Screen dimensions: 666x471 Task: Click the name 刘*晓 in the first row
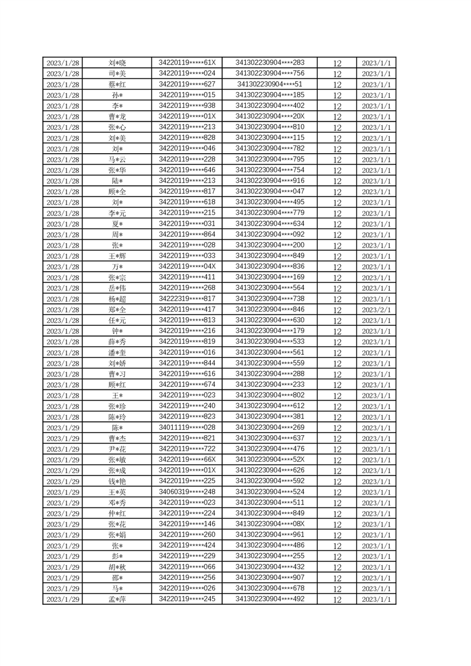117,63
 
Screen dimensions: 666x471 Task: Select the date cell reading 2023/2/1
376,310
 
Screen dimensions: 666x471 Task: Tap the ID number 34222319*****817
187,299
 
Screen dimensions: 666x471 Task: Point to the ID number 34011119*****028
187,427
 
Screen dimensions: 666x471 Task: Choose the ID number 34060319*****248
187,491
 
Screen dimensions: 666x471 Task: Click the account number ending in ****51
270,84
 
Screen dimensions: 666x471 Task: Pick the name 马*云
117,160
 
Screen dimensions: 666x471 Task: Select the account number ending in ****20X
270,116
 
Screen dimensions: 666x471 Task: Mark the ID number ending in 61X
187,63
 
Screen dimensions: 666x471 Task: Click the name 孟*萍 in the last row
117,600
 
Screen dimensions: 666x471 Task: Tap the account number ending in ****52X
270,459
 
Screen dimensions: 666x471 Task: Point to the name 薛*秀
117,342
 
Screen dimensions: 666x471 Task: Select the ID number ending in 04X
187,267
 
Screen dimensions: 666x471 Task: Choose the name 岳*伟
117,288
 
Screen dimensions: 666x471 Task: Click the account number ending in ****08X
270,524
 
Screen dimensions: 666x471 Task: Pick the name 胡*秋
117,567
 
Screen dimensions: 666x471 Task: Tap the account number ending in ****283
270,63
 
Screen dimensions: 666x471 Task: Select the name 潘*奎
117,353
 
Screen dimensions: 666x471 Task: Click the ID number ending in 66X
187,459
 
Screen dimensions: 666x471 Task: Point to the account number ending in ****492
270,599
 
